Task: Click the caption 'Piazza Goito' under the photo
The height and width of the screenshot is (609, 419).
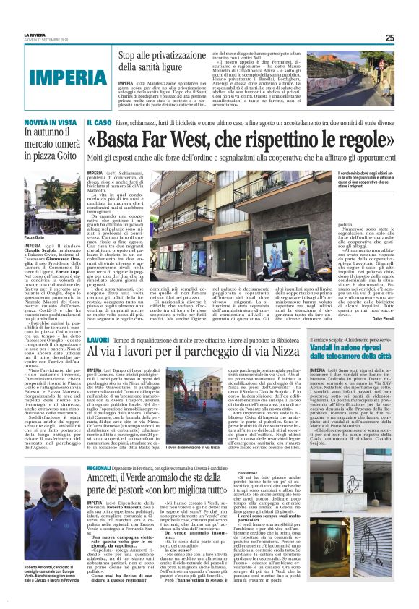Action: [x=35, y=237]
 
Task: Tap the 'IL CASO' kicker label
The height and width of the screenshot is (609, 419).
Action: [x=99, y=124]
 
